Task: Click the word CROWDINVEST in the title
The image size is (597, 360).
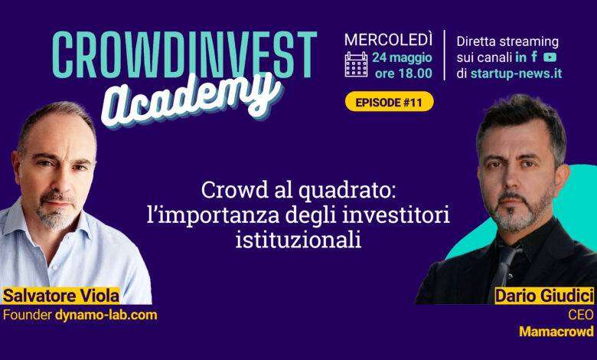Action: (184, 54)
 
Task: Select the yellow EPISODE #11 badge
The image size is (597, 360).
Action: (389, 102)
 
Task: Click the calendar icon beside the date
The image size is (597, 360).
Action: (356, 64)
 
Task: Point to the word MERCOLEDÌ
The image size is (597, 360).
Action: (388, 40)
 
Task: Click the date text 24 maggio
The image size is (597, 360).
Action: (402, 58)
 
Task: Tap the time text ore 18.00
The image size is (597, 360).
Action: (403, 73)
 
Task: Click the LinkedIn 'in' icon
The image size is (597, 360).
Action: (520, 57)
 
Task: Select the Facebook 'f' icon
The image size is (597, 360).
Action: (534, 57)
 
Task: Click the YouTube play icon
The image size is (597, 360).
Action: (550, 57)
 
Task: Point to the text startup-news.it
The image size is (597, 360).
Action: (516, 73)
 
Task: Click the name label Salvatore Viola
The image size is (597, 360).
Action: (61, 296)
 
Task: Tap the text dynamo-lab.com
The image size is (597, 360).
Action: (106, 315)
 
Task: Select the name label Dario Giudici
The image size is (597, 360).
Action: (544, 296)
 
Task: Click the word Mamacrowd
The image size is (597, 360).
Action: (556, 332)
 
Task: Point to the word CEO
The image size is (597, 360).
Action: (581, 315)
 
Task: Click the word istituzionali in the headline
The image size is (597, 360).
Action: (298, 240)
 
